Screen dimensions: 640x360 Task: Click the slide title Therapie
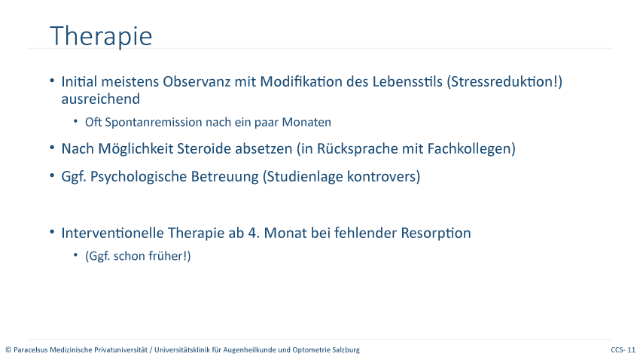click(101, 36)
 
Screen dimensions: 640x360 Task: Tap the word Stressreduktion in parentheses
click(502, 81)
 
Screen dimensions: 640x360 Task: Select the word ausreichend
click(100, 99)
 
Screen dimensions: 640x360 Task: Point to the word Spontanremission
click(154, 123)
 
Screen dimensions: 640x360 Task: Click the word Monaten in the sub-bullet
click(306, 122)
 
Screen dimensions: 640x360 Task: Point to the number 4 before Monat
click(251, 233)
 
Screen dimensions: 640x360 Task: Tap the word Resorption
click(436, 233)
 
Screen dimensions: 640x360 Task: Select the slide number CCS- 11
click(623, 349)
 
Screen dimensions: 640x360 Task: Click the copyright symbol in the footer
click(8, 349)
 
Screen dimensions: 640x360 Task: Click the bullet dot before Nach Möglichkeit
click(52, 148)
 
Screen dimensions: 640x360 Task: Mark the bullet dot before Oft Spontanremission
click(75, 121)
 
